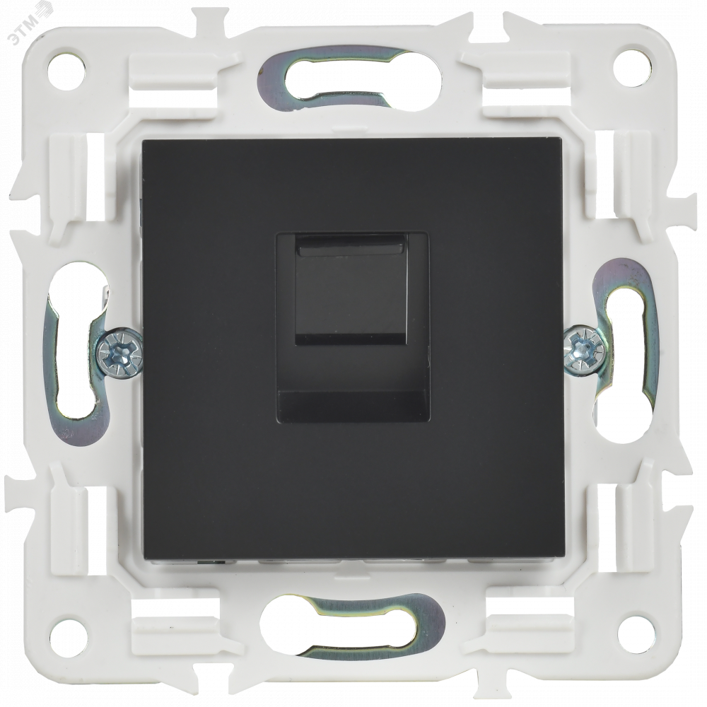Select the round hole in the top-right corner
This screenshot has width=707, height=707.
[x=632, y=66]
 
